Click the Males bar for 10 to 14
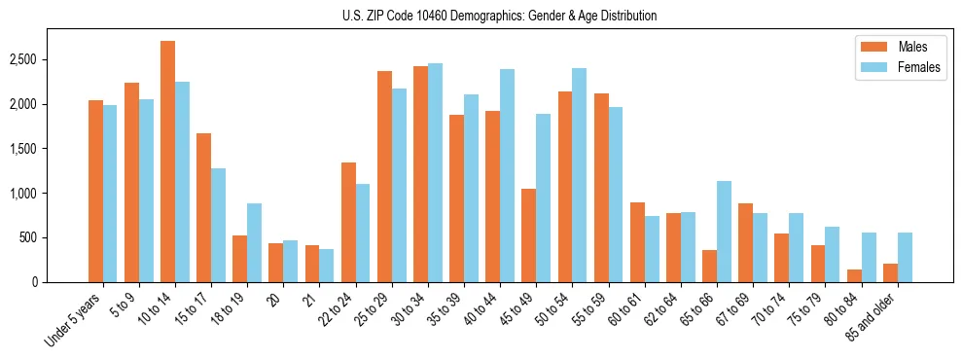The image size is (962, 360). (167, 162)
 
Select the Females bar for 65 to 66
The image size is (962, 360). (724, 232)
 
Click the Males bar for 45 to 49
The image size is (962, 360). (528, 235)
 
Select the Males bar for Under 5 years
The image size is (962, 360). (95, 191)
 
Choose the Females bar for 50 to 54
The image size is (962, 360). (579, 175)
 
